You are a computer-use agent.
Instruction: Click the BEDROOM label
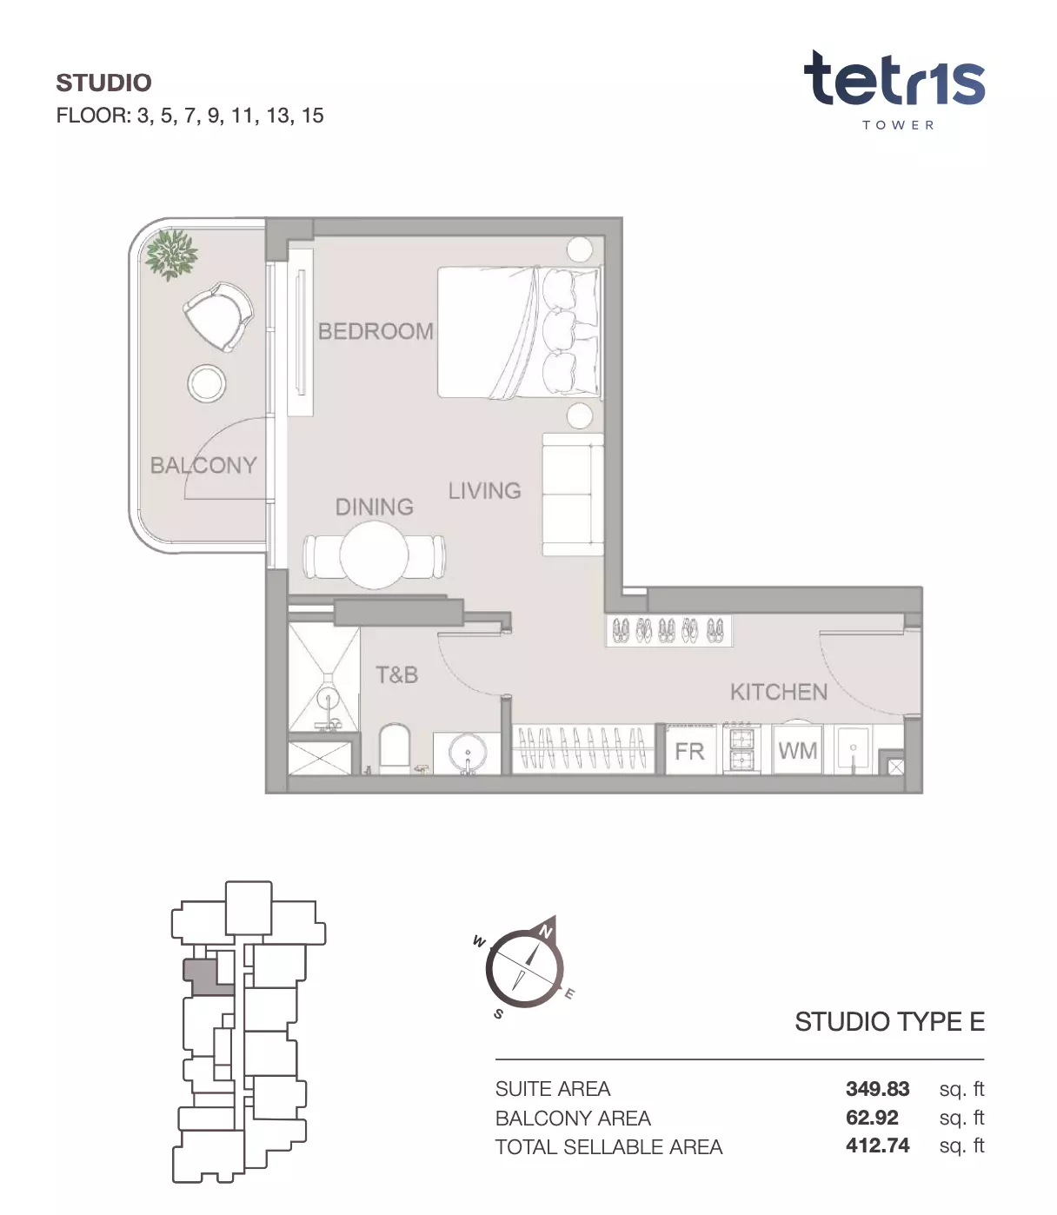(x=376, y=331)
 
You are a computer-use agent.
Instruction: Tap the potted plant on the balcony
(x=171, y=254)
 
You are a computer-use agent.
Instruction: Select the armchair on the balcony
(x=218, y=315)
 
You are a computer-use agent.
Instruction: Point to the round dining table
(x=374, y=554)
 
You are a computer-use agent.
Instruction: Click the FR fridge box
(x=689, y=751)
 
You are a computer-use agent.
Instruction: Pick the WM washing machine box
(x=797, y=751)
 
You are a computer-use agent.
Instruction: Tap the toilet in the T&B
(x=395, y=748)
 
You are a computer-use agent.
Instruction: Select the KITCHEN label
(x=779, y=692)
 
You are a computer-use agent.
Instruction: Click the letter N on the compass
(x=546, y=932)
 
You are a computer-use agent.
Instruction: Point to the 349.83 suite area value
(x=877, y=1088)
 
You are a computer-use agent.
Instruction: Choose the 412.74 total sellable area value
(x=877, y=1145)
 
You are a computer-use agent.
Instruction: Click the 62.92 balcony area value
(x=872, y=1117)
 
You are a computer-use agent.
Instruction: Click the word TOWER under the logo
(x=898, y=124)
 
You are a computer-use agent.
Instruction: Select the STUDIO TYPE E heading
(x=889, y=1022)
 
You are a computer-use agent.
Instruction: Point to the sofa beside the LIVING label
(x=573, y=494)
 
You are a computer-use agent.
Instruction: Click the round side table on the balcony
(x=207, y=383)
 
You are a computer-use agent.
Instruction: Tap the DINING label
(x=374, y=507)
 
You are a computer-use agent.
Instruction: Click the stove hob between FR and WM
(x=741, y=748)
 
